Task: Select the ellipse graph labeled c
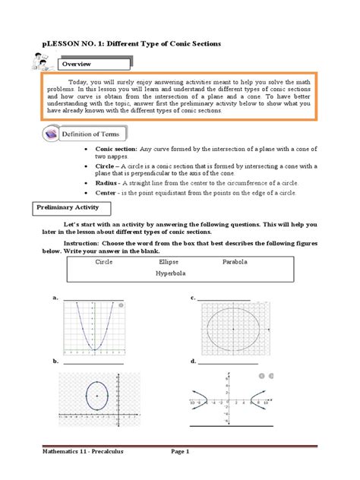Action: [x=232, y=328]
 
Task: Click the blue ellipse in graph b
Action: [x=96, y=396]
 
